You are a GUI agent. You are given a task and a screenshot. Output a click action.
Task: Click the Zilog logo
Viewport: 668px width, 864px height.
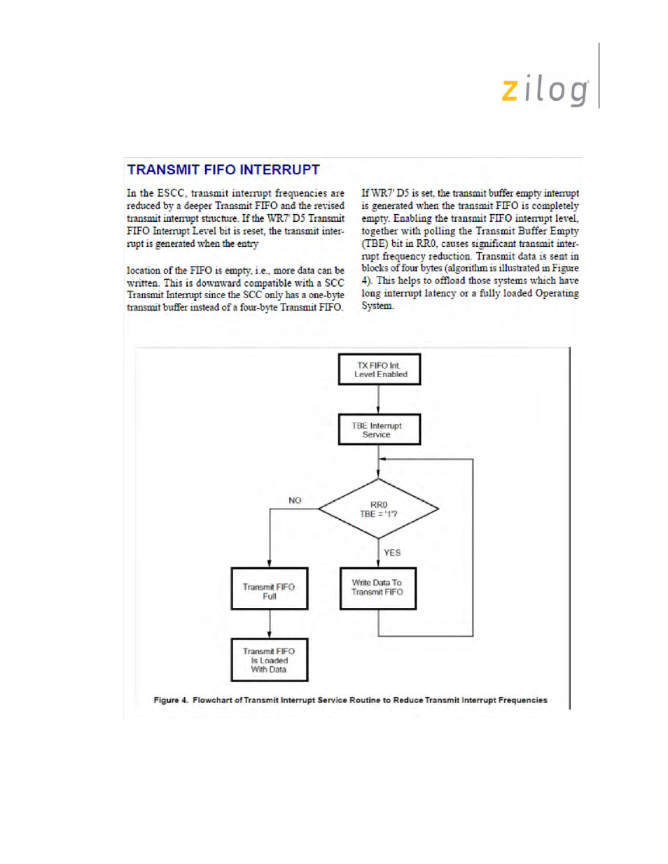pos(545,90)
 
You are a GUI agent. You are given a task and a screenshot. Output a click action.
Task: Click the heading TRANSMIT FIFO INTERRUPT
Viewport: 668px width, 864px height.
pos(223,170)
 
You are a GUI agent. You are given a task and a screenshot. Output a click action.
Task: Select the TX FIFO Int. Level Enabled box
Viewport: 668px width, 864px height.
pos(379,369)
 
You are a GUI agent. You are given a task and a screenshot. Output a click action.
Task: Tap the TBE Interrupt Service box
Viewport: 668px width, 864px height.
pos(379,430)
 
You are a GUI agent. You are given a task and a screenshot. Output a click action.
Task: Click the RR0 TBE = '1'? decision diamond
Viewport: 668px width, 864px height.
pos(379,509)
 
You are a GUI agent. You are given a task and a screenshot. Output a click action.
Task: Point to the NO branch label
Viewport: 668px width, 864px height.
pos(295,500)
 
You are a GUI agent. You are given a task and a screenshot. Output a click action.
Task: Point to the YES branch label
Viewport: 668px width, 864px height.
pos(392,553)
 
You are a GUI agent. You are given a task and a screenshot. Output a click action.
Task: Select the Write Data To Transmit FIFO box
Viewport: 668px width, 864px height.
pos(378,588)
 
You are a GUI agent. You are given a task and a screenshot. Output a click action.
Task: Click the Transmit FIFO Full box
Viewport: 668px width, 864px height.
pos(270,589)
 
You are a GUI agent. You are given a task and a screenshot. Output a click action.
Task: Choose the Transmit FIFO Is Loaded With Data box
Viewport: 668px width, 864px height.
pos(270,660)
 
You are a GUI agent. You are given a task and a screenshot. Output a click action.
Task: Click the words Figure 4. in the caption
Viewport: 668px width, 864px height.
pos(171,700)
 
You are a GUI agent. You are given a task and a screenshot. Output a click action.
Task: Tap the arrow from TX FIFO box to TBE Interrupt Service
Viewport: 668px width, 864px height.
pos(379,399)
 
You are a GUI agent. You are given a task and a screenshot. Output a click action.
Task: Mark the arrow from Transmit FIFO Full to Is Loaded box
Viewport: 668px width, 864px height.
pos(270,624)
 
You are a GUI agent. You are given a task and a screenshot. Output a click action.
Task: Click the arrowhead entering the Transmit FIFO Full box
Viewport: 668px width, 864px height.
pos(270,563)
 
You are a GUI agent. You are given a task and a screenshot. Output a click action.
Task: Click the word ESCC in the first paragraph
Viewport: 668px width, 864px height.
pos(171,193)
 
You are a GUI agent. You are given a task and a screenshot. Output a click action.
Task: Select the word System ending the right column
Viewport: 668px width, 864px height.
pos(377,306)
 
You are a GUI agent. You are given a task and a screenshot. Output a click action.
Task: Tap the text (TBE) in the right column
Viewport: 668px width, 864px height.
pos(375,243)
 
